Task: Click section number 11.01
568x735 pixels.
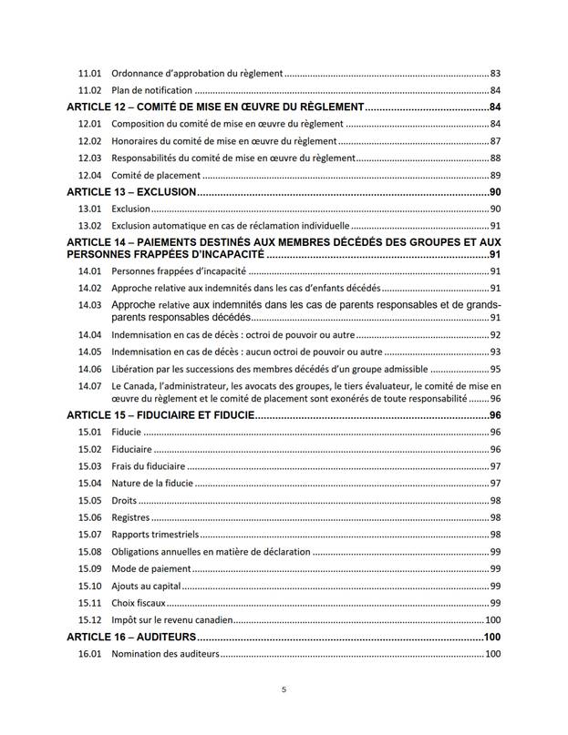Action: click(89, 73)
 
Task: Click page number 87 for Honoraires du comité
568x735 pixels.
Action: click(495, 141)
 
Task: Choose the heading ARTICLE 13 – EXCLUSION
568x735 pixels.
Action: click(132, 192)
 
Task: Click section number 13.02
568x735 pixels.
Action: click(89, 226)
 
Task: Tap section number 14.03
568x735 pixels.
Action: click(89, 305)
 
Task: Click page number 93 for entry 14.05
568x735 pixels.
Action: click(495, 352)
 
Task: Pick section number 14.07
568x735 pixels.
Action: click(89, 386)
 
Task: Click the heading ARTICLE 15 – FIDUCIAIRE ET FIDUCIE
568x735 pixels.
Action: click(160, 414)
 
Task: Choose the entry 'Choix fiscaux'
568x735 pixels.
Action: click(139, 602)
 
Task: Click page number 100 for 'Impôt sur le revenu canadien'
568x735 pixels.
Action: click(492, 619)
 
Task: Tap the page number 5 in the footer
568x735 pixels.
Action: click(284, 689)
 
